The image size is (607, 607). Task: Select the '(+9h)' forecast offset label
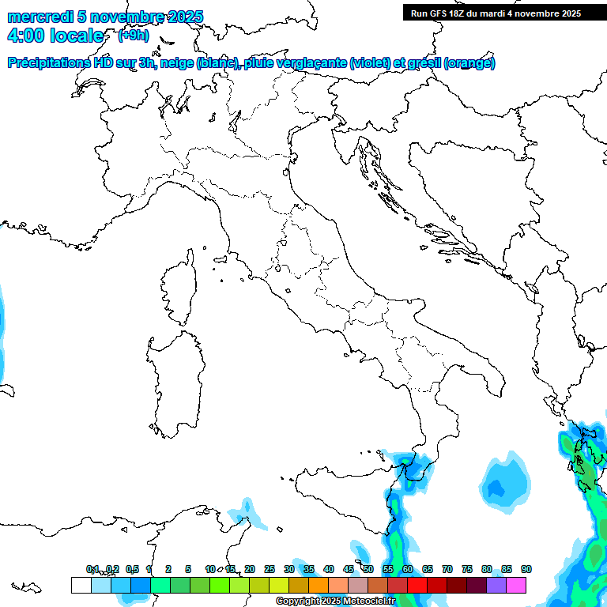point(133,36)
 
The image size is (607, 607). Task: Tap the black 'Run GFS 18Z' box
point(496,13)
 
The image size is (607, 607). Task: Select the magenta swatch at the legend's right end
point(516,585)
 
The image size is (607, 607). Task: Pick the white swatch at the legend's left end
point(81,585)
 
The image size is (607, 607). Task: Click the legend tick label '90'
point(526,570)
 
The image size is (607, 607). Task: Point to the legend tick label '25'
point(270,570)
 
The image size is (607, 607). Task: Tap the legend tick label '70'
point(447,570)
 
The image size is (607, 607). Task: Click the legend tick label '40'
point(329,570)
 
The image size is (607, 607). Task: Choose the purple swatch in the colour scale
point(496,585)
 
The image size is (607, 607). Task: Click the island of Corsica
point(179,289)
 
